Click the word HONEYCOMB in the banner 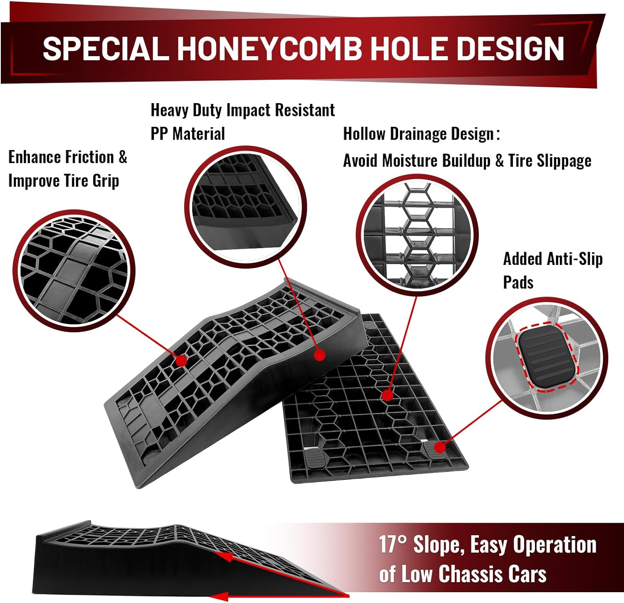point(270,48)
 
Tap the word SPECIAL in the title point(106,48)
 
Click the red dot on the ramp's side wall point(319,355)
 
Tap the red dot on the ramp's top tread point(181,361)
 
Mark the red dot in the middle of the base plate point(387,395)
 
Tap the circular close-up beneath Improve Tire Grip point(74,270)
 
